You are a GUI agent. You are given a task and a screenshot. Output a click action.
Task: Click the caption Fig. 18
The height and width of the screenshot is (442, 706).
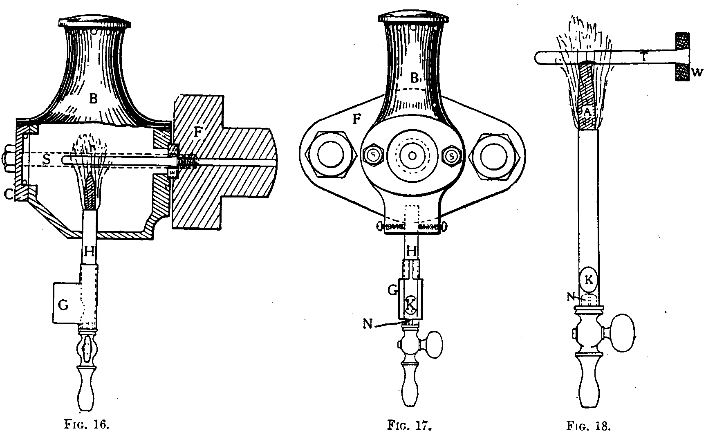click(589, 426)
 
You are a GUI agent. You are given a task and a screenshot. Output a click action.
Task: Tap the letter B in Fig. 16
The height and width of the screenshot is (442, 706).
click(94, 99)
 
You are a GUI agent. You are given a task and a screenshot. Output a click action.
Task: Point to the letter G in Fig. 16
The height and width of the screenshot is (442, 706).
click(64, 305)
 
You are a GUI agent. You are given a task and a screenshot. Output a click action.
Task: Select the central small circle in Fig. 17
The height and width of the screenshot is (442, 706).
click(412, 156)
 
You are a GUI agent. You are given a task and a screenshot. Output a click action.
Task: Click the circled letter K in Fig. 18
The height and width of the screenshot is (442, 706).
click(589, 280)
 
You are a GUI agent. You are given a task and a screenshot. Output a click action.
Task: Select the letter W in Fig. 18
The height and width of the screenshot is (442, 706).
click(697, 72)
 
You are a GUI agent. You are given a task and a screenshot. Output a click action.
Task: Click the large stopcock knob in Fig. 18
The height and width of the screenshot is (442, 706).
click(622, 333)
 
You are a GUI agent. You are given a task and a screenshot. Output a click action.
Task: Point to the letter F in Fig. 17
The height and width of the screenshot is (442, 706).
click(357, 119)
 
